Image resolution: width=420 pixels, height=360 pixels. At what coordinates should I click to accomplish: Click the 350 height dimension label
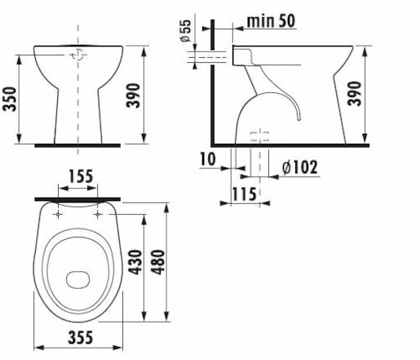10,99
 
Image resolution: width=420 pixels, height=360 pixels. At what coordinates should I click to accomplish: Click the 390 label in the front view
134,96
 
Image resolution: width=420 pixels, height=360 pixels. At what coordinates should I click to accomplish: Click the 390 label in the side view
355,93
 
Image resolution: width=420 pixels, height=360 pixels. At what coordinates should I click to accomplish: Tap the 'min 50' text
271,20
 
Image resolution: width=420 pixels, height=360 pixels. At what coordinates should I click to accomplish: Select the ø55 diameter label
186,31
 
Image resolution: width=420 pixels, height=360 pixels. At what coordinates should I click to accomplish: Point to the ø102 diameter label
299,167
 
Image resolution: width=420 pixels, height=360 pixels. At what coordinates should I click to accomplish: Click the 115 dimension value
244,194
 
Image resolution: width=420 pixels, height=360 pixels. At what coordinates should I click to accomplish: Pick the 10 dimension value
208,159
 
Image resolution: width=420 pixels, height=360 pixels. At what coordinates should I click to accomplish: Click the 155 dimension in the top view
81,176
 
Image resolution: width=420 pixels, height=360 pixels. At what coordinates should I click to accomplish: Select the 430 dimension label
135,262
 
